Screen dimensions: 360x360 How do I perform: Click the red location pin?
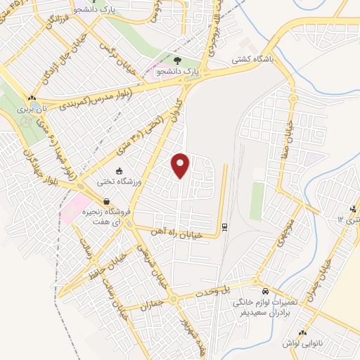(x=181, y=165)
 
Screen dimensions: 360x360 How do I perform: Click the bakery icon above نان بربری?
(x=31, y=98)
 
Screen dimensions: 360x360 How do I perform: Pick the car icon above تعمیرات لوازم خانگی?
(x=264, y=290)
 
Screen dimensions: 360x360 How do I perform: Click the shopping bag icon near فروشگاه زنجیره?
(x=105, y=201)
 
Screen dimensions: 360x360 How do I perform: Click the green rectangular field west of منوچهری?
(x=257, y=200)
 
